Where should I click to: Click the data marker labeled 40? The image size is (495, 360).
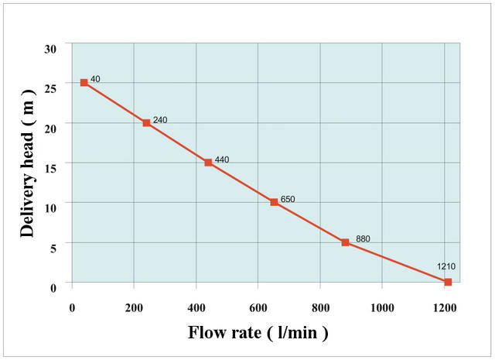tap(84, 83)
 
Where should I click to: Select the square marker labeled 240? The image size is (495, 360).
tap(146, 122)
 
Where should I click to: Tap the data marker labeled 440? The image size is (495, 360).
tap(208, 163)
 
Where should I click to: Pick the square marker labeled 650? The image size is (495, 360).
tap(274, 202)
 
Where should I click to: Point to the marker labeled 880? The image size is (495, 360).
tap(346, 242)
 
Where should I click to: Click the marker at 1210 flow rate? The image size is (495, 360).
tap(448, 282)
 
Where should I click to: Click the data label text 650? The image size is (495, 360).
tap(288, 199)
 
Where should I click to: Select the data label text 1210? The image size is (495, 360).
tap(446, 266)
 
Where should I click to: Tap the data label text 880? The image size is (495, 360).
tap(363, 238)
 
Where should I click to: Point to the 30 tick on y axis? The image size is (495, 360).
tap(50, 49)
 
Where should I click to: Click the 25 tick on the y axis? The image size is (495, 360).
tap(50, 88)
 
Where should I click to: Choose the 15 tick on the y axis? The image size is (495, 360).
tap(50, 168)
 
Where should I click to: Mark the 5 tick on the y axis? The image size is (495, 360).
tap(53, 248)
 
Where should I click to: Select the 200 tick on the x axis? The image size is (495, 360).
tap(134, 307)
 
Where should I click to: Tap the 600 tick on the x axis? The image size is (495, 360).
tap(258, 307)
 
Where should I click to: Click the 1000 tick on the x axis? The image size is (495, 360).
tap(382, 307)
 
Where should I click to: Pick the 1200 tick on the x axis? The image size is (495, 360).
tap(445, 307)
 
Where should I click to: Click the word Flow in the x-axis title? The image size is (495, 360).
tap(208, 332)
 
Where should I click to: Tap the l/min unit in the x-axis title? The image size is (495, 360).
tap(297, 332)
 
